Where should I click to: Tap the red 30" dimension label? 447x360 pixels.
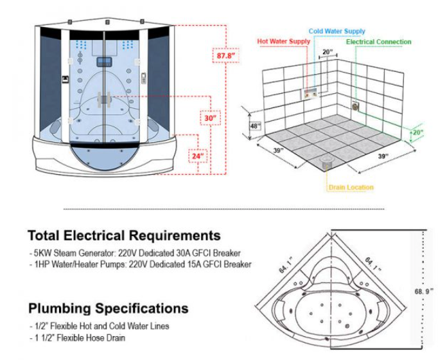click(x=209, y=119)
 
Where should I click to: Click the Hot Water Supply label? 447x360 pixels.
click(x=283, y=41)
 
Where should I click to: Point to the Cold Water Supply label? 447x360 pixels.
click(x=337, y=31)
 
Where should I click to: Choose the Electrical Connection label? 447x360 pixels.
click(x=379, y=42)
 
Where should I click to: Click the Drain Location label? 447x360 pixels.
click(x=351, y=188)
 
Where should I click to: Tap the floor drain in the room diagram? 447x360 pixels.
click(x=325, y=159)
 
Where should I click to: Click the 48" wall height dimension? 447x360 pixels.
click(x=255, y=126)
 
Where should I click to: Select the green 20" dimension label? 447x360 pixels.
click(x=418, y=132)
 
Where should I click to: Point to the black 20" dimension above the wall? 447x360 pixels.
click(x=328, y=52)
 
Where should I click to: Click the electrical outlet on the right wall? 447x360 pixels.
click(x=355, y=104)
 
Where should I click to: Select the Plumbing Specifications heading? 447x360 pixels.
click(x=109, y=308)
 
